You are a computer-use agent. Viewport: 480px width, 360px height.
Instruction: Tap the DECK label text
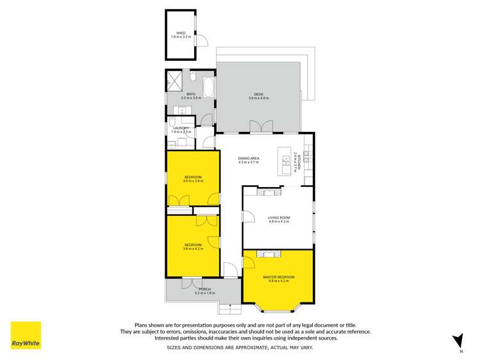coord(258,94)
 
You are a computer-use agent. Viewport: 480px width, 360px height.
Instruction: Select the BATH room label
coord(173,94)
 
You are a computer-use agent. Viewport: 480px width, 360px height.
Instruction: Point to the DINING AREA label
coord(248,158)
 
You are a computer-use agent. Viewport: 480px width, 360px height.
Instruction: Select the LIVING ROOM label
coord(279,218)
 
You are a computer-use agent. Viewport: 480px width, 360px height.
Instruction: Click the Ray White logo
coord(26,336)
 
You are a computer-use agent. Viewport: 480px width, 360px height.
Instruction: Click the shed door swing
coord(203,40)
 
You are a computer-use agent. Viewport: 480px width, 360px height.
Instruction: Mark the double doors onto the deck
coord(260,126)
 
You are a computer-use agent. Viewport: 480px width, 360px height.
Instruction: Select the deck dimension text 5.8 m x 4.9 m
coord(258,98)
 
